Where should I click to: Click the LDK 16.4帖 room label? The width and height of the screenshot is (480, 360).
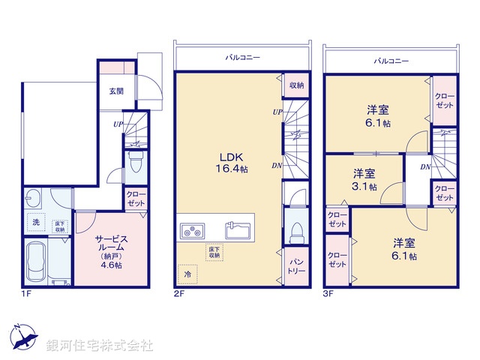(x=229, y=163)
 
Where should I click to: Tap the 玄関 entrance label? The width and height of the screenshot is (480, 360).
(x=116, y=91)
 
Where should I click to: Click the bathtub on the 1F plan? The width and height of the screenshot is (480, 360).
(x=37, y=262)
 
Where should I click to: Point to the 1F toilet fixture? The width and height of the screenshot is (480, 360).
(x=136, y=161)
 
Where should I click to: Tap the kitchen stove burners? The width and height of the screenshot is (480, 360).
(x=193, y=229)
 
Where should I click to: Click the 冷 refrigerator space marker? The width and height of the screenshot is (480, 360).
(x=187, y=274)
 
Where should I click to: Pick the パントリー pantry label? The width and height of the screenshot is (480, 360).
(x=295, y=266)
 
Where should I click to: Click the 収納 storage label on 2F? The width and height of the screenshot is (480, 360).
(x=295, y=85)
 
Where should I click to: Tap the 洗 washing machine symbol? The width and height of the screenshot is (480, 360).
(x=35, y=222)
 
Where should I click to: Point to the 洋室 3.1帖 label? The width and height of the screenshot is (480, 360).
(x=365, y=180)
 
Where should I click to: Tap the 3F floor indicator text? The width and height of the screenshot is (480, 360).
(x=328, y=293)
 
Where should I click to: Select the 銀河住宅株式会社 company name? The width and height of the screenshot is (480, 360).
(x=99, y=345)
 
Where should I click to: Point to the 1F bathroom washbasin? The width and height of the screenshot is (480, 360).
(x=34, y=199)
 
